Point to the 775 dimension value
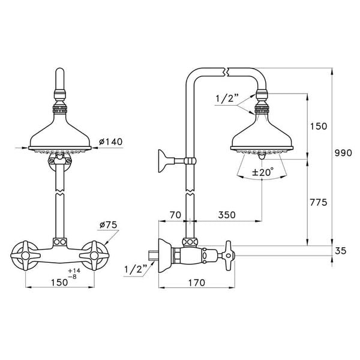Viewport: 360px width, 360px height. (318, 202)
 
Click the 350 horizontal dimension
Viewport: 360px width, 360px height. (226, 214)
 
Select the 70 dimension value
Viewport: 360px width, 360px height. (175, 214)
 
